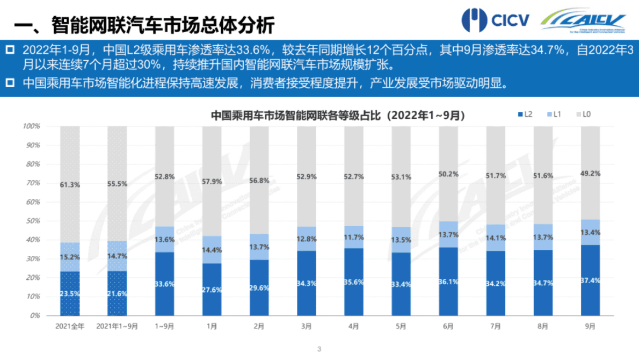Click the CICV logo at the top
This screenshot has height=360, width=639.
(495, 20)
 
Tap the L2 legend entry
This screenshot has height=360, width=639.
(525, 114)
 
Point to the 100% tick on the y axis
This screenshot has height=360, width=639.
(32, 126)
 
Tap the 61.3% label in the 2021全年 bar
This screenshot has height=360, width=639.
(70, 185)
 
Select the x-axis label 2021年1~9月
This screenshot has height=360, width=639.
(118, 326)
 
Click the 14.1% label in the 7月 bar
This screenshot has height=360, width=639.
(496, 239)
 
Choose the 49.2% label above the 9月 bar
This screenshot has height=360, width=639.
(590, 174)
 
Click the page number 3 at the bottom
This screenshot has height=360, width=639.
(319, 350)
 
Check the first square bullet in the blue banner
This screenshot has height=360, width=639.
(10, 50)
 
